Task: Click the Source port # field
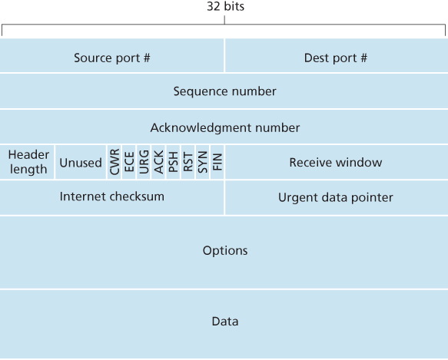coord(112,58)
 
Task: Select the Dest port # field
coord(336,58)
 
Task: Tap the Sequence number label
coord(224,91)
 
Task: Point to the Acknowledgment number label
coord(224,127)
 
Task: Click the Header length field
coord(28,162)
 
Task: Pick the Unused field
coord(80,163)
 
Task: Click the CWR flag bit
coord(114,162)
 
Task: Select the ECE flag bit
coord(129,162)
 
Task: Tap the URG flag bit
coord(144,162)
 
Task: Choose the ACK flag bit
coord(158,162)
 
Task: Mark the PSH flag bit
coord(173,162)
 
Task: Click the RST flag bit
coord(187,162)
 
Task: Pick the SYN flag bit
coord(202,162)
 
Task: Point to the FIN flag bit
coord(217,162)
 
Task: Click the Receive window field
coord(335,163)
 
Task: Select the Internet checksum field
coord(112,197)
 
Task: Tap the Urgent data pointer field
coord(335,197)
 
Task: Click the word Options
coord(224,251)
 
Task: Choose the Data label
coord(224,322)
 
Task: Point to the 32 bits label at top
coord(224,6)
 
